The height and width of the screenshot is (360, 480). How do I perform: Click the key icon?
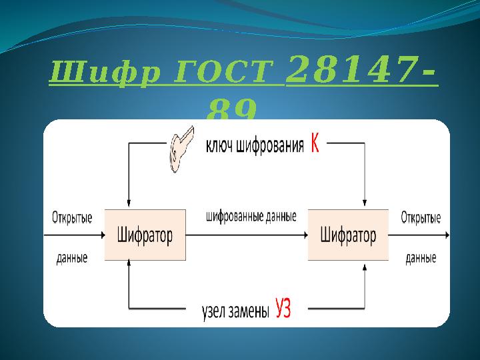coord(179,147)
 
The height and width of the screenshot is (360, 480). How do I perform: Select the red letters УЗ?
coord(283,310)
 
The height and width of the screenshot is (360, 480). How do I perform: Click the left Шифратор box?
coord(145,235)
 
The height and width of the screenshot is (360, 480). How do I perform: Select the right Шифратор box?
coord(347,235)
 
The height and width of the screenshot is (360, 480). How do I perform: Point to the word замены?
coord(249,311)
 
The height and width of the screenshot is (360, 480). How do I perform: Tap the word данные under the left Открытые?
coord(72,258)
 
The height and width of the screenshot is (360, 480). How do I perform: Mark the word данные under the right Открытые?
coord(421,258)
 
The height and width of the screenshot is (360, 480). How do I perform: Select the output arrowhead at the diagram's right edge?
coord(447,235)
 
